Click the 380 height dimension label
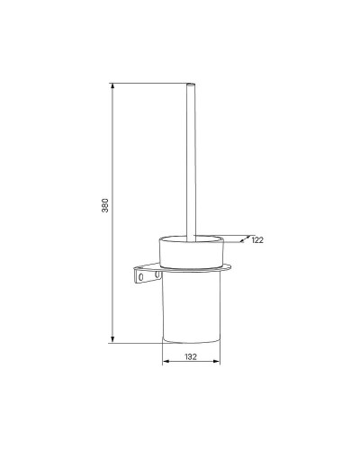coord(105,205)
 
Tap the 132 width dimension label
coord(191,356)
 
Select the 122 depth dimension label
coord(257,240)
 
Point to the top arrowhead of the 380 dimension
coord(112,86)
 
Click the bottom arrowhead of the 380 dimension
coord(112,339)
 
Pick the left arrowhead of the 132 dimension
coord(166,361)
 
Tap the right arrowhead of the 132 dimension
coord(217,361)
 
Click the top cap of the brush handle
coord(191,84)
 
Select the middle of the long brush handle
coord(191,162)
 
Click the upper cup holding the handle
coord(191,252)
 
